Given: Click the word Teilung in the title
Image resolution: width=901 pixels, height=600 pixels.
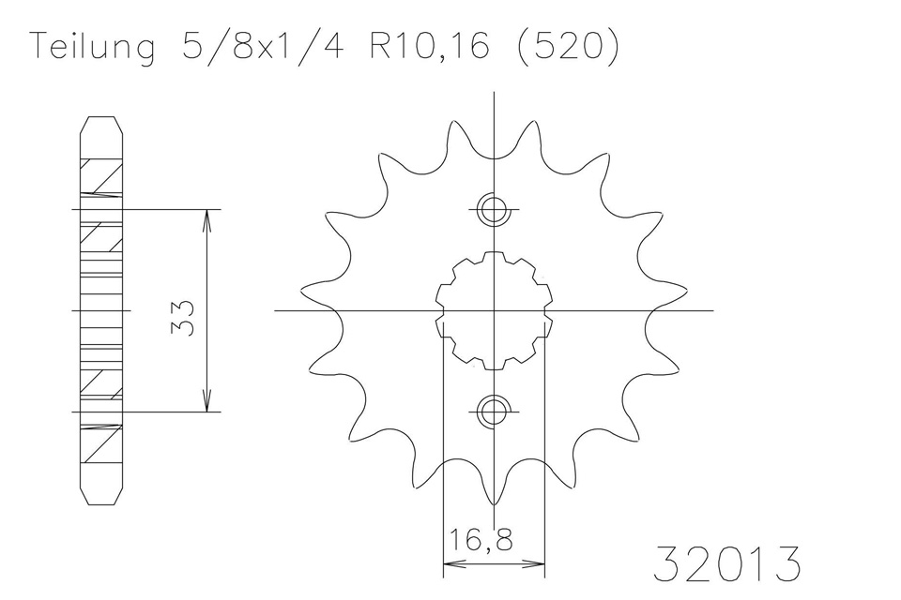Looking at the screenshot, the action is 92,47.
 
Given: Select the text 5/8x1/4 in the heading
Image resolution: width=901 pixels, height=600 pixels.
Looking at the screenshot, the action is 263,45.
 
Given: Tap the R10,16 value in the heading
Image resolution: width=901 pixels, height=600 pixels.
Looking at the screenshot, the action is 429,45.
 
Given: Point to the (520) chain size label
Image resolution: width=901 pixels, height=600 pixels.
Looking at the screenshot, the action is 569,45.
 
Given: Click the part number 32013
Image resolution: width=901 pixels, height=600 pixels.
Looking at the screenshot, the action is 726,563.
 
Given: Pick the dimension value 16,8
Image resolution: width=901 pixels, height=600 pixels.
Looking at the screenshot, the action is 480,541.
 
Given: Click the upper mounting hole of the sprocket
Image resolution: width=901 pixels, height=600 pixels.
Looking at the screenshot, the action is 494,210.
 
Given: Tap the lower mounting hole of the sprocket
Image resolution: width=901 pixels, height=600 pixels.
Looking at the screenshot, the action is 494,412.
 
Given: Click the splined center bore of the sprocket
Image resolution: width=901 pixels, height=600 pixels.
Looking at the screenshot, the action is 494,310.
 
